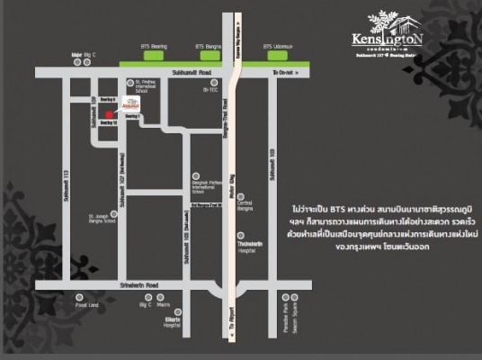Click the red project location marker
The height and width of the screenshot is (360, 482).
[108, 114]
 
